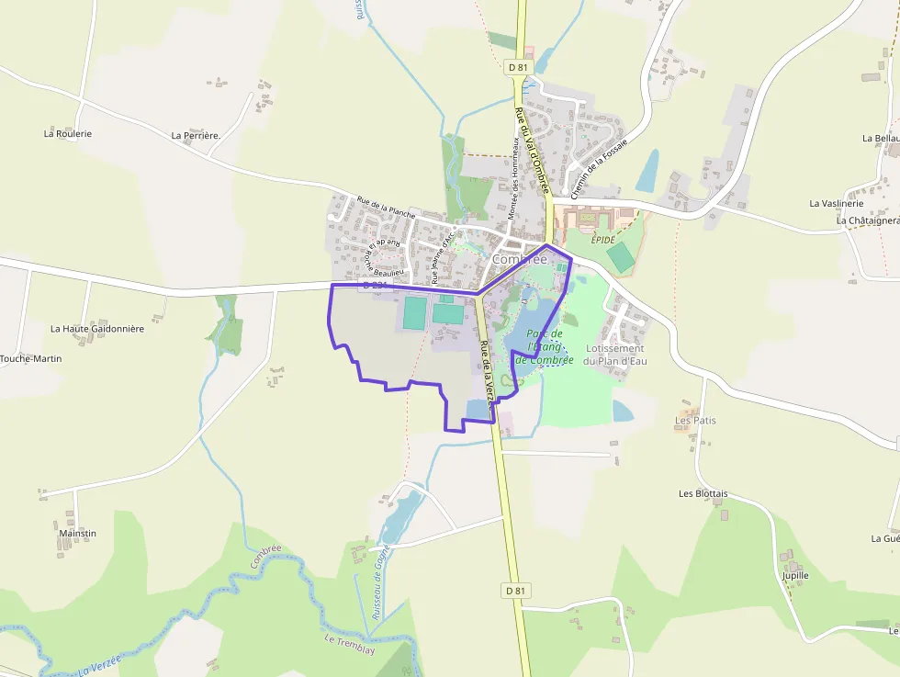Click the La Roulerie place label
[68, 133]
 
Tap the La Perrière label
[196, 135]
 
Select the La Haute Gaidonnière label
[97, 328]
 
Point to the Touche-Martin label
[30, 358]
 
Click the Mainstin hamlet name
[77, 533]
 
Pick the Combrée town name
[520, 260]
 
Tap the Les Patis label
[695, 421]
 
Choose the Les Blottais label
[703, 493]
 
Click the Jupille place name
[795, 576]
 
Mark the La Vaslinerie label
[836, 203]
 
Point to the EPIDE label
[602, 238]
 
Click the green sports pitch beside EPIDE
[621, 256]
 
